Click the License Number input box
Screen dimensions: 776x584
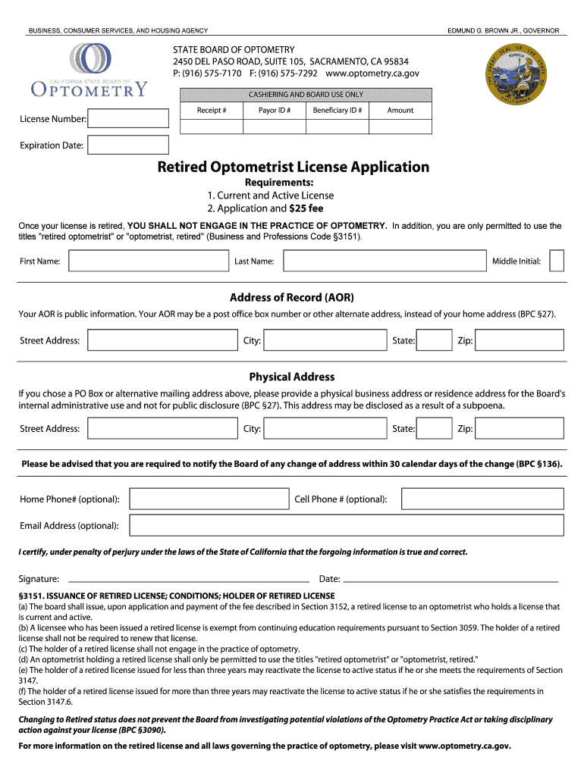[x=128, y=118]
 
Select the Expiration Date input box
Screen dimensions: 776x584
[x=127, y=145]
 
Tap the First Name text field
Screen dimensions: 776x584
[x=148, y=261]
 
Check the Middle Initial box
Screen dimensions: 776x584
[x=556, y=261]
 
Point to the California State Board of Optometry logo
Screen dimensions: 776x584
[x=89, y=70]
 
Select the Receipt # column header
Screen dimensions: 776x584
[x=212, y=110]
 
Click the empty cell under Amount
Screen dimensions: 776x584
[x=400, y=127]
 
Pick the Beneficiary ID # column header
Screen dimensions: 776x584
[x=337, y=110]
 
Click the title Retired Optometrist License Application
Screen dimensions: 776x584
[x=293, y=167]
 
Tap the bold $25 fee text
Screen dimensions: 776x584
[x=306, y=208]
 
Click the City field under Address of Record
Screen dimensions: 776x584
[x=325, y=340]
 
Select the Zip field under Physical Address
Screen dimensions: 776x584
[x=520, y=429]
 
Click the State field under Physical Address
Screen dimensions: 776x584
[x=435, y=429]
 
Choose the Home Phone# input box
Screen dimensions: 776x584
[x=209, y=499]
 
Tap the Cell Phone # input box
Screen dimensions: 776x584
[x=482, y=499]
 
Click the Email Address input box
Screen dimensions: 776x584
[x=346, y=525]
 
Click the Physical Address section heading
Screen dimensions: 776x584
[x=292, y=377]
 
